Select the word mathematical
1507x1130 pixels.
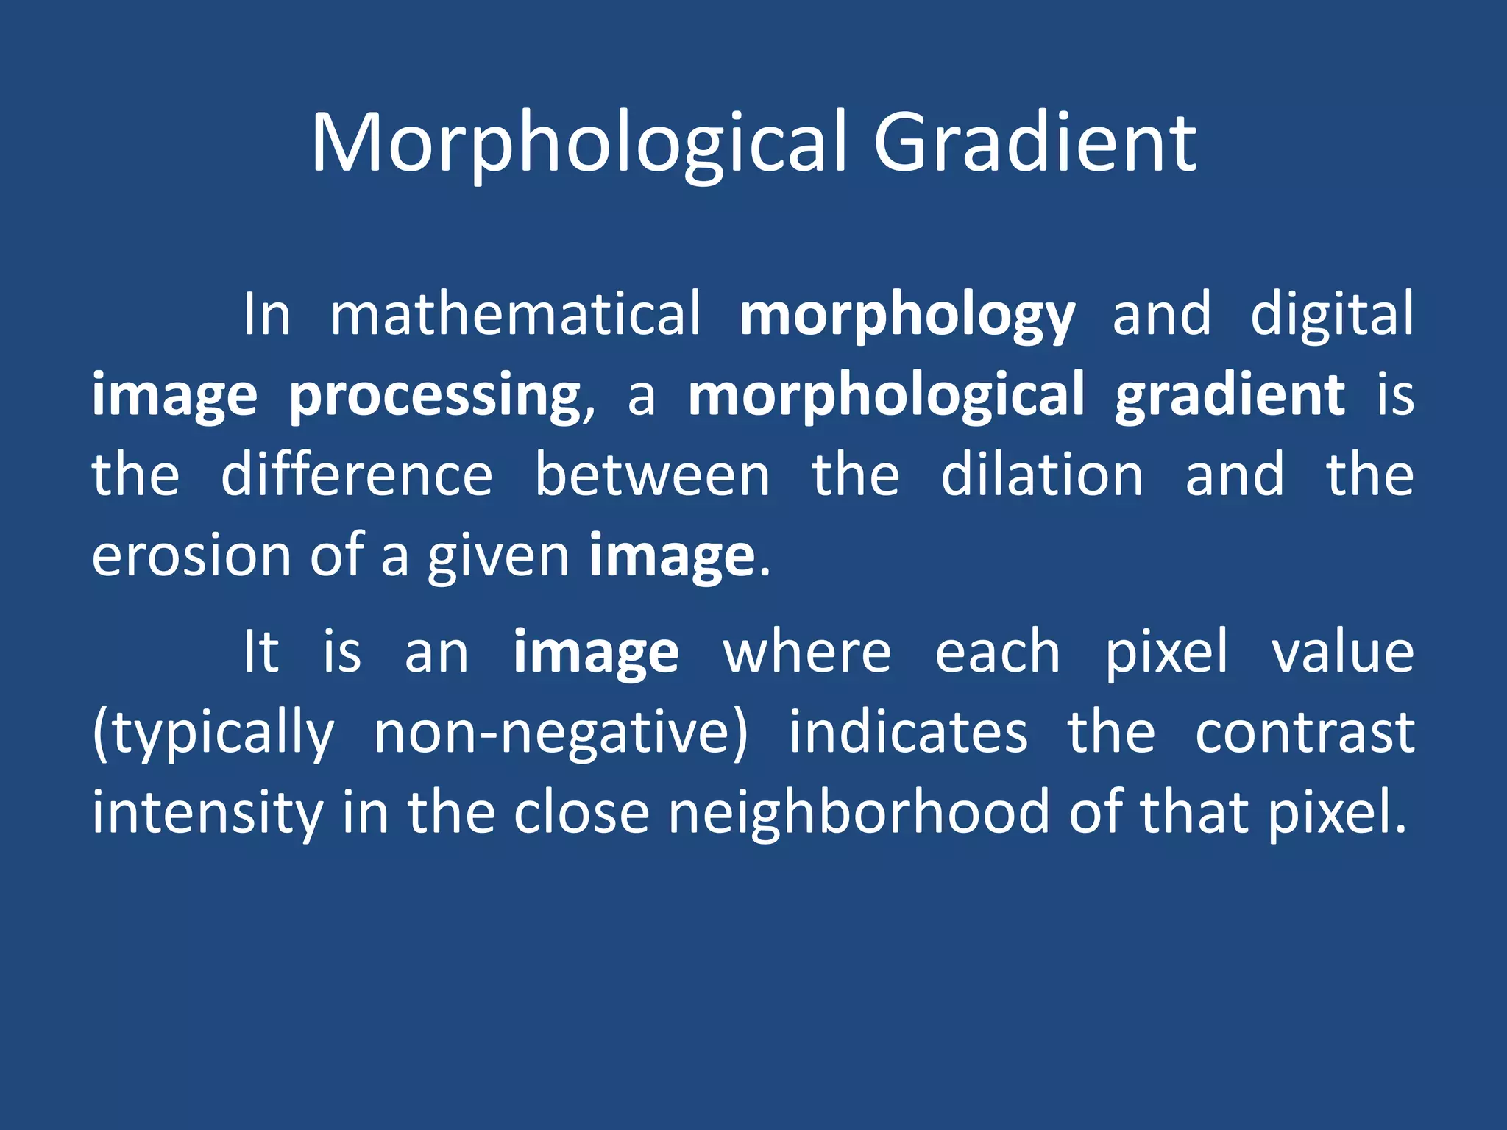(515, 314)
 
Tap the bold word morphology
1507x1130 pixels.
(907, 316)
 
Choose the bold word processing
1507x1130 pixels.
(434, 397)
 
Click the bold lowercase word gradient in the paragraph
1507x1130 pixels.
(1230, 397)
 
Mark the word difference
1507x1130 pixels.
(357, 475)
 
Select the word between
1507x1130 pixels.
(652, 475)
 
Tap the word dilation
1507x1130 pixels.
(1042, 475)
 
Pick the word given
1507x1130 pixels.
(498, 558)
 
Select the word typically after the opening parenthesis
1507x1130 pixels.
(219, 734)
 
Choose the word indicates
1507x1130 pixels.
(908, 733)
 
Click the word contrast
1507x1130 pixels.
(1304, 734)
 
